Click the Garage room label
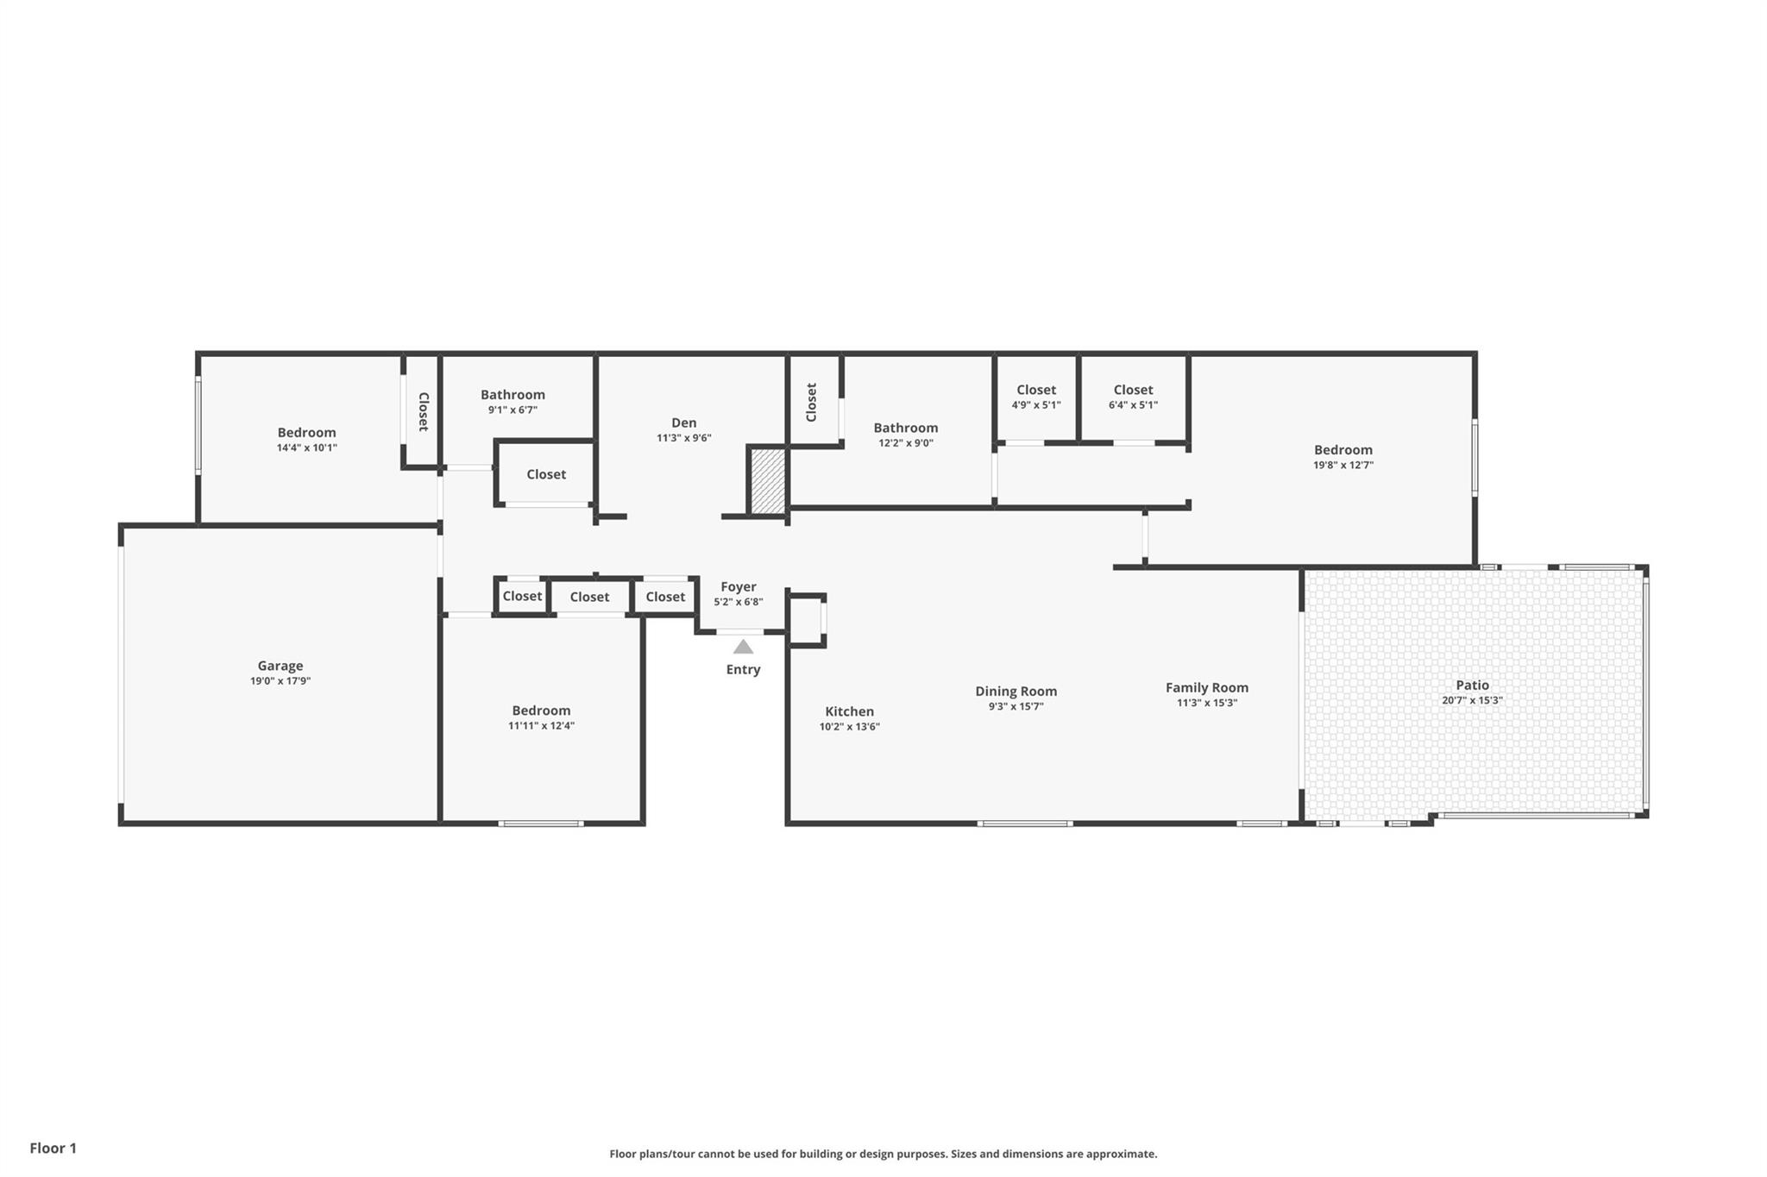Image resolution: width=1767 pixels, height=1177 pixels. click(x=280, y=666)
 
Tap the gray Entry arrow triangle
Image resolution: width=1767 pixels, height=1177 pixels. click(x=743, y=647)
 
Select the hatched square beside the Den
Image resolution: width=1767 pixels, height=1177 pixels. click(x=767, y=481)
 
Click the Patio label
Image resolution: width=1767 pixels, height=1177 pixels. click(x=1472, y=686)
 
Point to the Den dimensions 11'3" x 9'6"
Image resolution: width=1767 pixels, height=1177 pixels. click(x=683, y=438)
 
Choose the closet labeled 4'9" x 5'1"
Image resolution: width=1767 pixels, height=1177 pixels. click(x=1035, y=397)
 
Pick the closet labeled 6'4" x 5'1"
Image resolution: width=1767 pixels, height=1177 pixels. click(x=1133, y=397)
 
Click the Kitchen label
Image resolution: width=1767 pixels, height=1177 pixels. click(x=849, y=711)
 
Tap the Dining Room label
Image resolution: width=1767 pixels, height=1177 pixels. click(x=1016, y=691)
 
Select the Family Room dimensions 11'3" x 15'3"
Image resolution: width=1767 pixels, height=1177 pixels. click(x=1206, y=703)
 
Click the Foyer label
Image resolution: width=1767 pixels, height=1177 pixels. click(x=738, y=586)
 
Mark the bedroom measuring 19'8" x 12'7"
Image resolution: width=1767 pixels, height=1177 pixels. click(x=1343, y=457)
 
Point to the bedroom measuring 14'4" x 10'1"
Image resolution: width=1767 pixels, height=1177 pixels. click(x=306, y=440)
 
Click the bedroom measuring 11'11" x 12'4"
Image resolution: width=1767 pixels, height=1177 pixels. click(x=541, y=717)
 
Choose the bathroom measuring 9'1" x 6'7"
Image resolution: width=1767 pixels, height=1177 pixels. click(x=512, y=402)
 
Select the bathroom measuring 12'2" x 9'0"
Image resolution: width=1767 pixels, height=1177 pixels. click(x=905, y=435)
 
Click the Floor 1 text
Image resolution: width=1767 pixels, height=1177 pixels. click(x=53, y=1148)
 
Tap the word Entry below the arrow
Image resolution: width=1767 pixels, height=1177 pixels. click(x=743, y=669)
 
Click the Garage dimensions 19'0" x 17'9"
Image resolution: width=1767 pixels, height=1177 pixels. click(x=280, y=681)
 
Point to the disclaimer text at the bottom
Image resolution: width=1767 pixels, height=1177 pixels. click(x=883, y=1154)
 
